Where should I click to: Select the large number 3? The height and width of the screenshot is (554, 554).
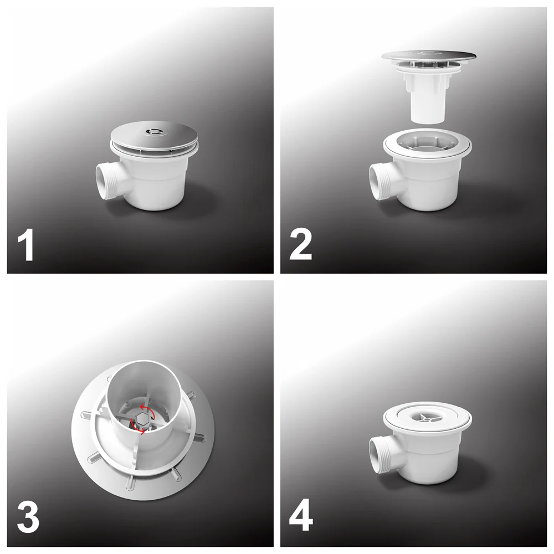point(28,517)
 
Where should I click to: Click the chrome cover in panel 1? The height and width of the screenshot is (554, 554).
point(155,137)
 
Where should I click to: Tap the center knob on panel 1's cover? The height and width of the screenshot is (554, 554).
point(154,132)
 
